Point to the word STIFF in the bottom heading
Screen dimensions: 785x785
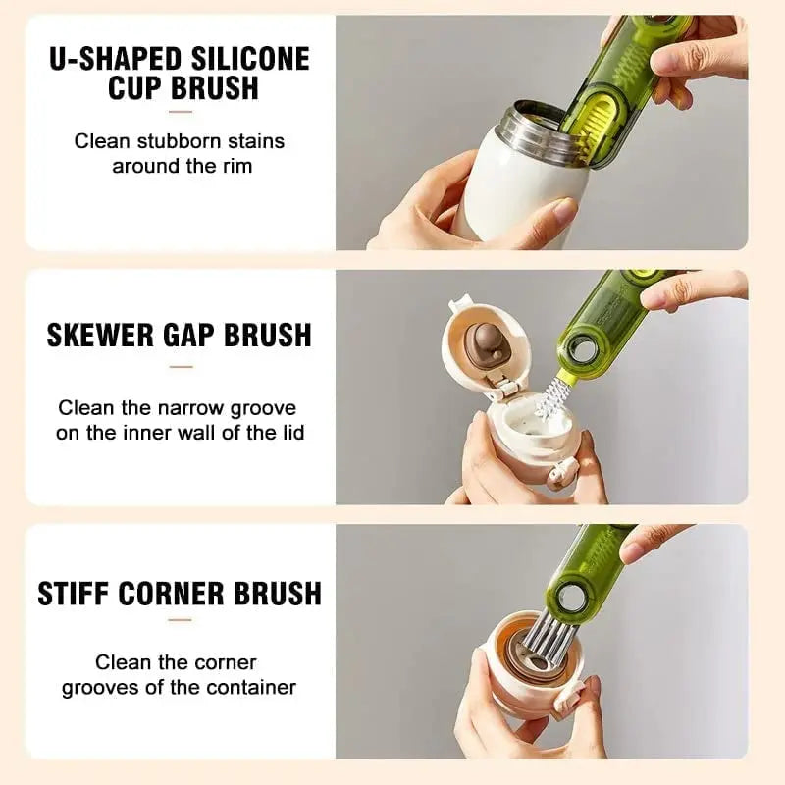(74, 593)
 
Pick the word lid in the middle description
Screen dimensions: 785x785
(289, 432)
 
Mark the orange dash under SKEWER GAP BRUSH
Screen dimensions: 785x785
(180, 367)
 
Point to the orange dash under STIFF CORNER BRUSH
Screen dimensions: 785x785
(180, 619)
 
